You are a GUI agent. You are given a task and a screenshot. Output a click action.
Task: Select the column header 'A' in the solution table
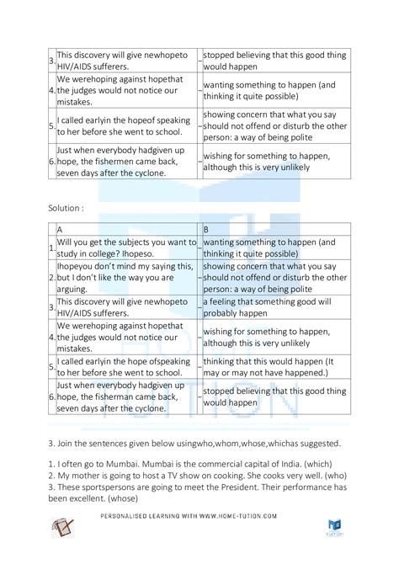click(x=60, y=228)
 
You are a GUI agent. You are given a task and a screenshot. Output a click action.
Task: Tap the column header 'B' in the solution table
click(x=206, y=228)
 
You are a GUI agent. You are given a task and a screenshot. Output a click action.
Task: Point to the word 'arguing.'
click(x=76, y=288)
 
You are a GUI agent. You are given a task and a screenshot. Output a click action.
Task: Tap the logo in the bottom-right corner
click(x=332, y=525)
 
